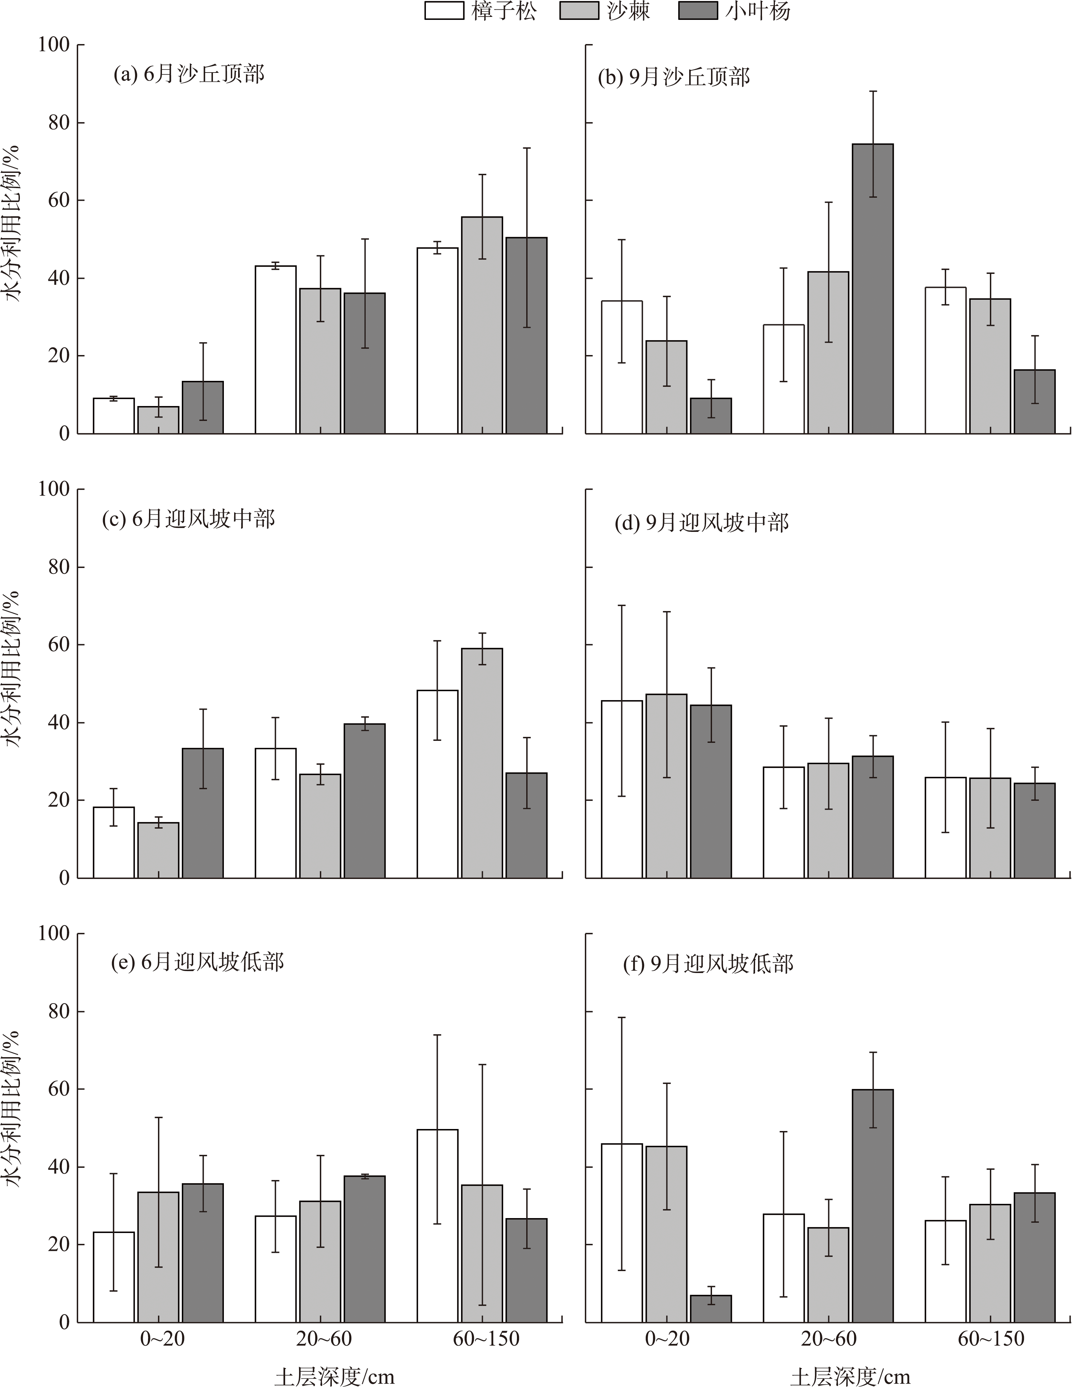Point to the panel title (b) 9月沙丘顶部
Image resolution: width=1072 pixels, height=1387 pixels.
tap(674, 77)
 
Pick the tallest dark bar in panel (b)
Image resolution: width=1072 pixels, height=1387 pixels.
tap(873, 289)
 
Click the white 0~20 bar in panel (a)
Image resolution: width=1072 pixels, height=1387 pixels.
tap(114, 416)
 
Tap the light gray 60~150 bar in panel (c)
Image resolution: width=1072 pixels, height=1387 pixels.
tap(482, 763)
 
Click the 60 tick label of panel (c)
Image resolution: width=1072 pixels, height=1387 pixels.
tap(58, 645)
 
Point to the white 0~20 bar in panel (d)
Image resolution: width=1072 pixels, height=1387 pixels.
tap(622, 790)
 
